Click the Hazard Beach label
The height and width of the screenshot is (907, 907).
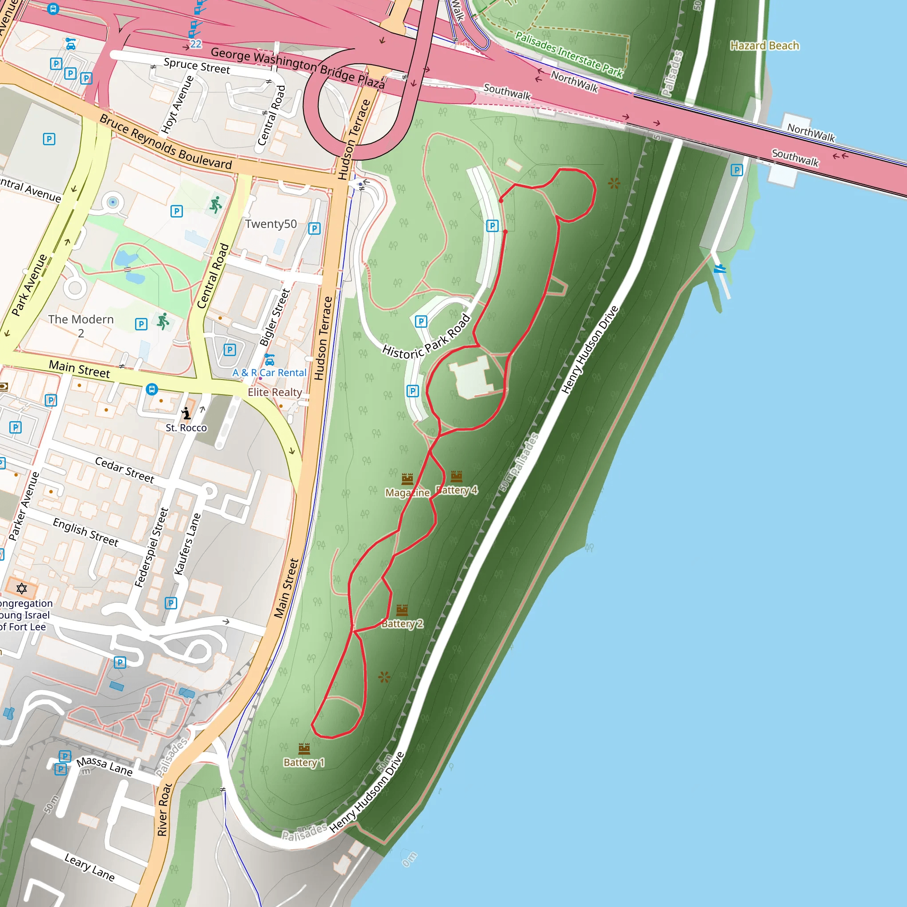coord(764,46)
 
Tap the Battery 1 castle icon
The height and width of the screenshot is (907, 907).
coord(304,748)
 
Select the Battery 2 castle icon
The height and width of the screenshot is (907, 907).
coord(402,610)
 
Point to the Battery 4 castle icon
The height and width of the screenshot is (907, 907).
coord(457,477)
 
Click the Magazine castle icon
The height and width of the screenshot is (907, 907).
coord(407,479)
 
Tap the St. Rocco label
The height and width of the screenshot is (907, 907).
coord(186,428)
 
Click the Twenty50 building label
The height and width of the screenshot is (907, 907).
coord(271,224)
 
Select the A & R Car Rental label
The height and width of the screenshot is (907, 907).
coord(269,372)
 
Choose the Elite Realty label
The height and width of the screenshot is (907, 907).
coord(275,392)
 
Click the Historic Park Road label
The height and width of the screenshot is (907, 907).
coord(426,337)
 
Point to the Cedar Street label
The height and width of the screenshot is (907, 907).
coord(124,469)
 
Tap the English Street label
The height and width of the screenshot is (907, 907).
coord(85,532)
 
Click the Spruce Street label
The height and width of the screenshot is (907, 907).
coord(197,66)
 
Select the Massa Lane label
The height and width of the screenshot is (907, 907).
coord(104,766)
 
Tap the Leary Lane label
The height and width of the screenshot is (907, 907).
coord(89,867)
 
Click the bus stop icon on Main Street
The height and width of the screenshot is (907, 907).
coord(151,389)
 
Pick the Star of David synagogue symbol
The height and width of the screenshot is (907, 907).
coord(22,588)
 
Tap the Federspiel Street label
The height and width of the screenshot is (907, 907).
coord(151,547)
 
